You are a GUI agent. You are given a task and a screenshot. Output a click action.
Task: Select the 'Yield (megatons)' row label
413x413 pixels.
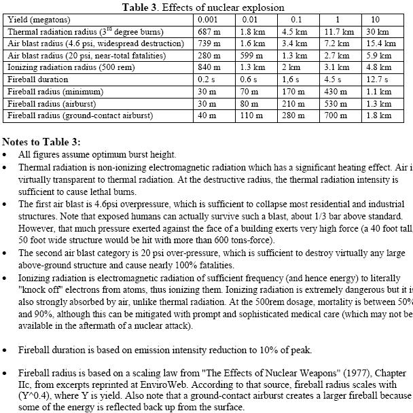click(x=36, y=20)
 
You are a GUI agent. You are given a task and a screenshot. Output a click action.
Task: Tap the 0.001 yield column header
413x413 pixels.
click(x=206, y=20)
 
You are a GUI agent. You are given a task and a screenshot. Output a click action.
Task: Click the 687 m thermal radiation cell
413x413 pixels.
click(x=207, y=32)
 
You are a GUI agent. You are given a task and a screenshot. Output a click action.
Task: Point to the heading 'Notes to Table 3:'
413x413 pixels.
click(x=41, y=143)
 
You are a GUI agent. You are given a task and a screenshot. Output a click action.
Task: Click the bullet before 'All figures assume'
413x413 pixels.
click(x=5, y=155)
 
